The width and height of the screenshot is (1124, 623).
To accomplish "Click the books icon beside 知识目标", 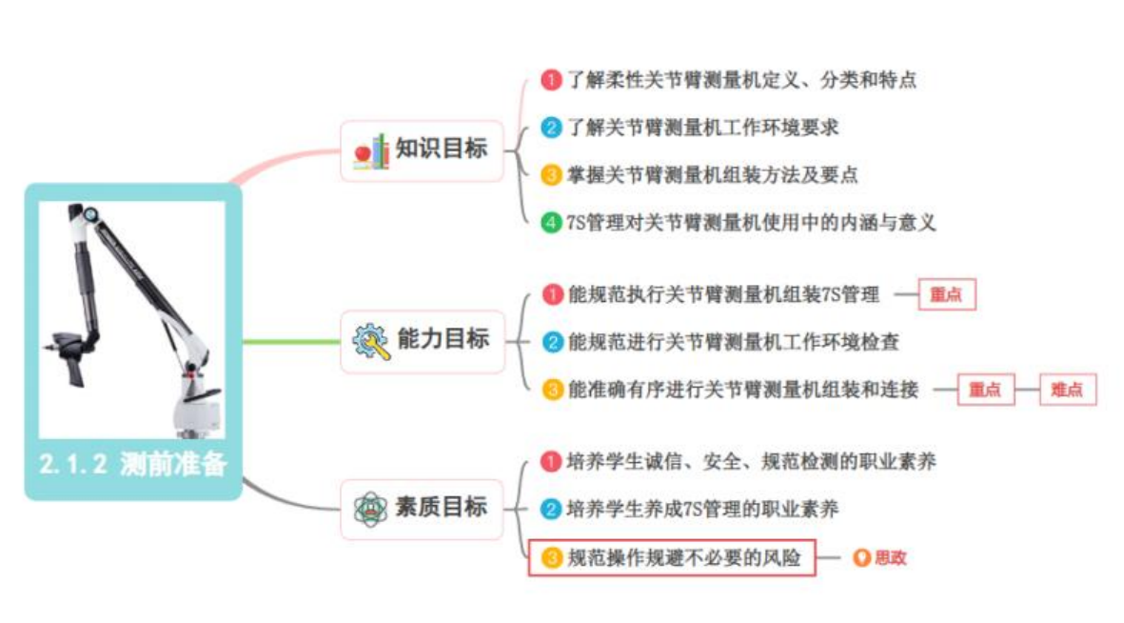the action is [371, 151].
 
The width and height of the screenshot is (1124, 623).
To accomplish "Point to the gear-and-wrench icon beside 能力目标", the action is [371, 341].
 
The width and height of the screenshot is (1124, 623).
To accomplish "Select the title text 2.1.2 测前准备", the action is [133, 464].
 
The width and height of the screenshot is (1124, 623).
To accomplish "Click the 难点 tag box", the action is [1066, 390].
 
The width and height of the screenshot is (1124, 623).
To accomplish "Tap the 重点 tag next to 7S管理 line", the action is [946, 294].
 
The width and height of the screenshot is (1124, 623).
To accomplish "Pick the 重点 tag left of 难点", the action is [984, 390].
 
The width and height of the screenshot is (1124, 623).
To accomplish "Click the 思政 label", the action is [891, 557].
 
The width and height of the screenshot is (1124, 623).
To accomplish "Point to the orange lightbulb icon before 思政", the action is [861, 557].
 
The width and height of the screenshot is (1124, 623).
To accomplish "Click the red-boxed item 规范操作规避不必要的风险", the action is [672, 557].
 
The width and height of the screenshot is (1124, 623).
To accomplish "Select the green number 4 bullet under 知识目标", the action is [551, 223].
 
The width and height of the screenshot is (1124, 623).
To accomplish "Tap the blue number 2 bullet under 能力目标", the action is [551, 341].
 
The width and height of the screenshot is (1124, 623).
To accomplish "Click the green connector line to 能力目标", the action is [290, 340].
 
